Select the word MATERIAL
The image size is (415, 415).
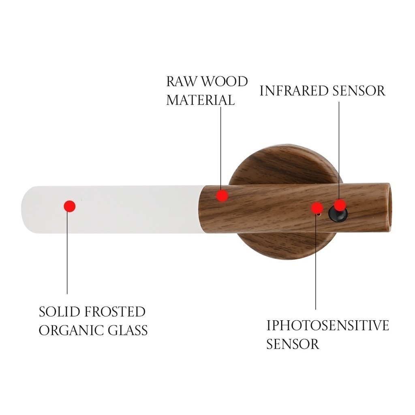coord(201,100)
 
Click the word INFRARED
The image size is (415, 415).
coord(294,91)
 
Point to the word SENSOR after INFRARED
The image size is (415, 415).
coord(359,91)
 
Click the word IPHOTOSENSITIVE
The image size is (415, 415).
coord(327,325)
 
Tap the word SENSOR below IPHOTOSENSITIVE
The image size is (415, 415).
coord(293,344)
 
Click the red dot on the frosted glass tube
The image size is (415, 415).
coord(70,206)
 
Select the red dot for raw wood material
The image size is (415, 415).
coord(222,196)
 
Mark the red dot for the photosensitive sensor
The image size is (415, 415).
coord(317,208)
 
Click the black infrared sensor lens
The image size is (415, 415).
coord(338,214)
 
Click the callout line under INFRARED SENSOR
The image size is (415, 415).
coord(339,151)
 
